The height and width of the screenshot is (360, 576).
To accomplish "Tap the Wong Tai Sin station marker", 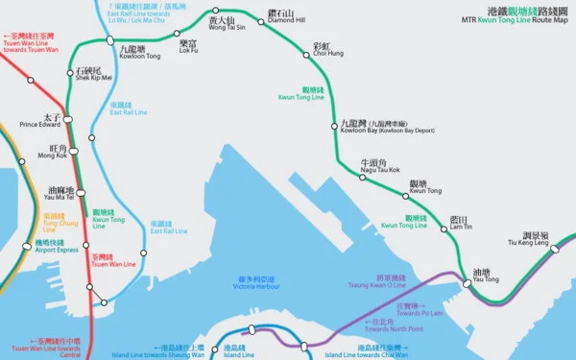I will tap(215, 11).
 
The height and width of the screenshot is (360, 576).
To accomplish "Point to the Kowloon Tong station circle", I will tap(110, 40).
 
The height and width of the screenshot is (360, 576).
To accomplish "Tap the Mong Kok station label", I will tap(53, 152).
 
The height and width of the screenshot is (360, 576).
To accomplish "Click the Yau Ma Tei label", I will tap(60, 194).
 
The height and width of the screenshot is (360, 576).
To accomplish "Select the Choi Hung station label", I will tap(322, 50).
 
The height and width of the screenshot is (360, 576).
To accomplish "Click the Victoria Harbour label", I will tap(260, 284).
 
